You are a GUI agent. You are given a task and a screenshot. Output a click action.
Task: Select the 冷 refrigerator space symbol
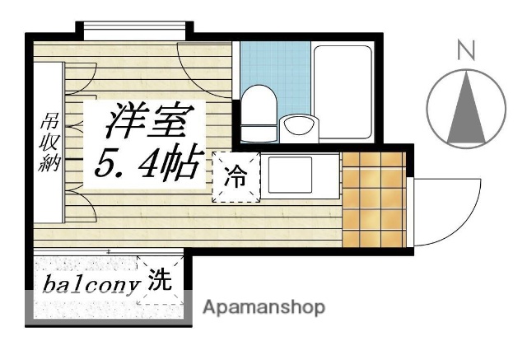(x=236, y=177)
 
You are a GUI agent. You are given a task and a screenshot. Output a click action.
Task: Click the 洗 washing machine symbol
(x=160, y=282)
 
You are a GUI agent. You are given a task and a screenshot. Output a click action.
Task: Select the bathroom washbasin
(x=297, y=127)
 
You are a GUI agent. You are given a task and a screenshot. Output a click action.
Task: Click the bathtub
(x=343, y=91)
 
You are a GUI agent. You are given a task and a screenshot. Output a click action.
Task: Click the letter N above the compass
(x=466, y=52)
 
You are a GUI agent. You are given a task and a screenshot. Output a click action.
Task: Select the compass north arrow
(x=466, y=107)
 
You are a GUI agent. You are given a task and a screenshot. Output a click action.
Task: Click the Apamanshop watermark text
(x=263, y=308)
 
